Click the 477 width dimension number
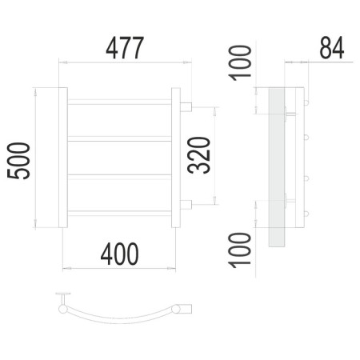coord(125,48)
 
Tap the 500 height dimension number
coord(18,161)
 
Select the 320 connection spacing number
coord(199,155)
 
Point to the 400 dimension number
coord(119,254)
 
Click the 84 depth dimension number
coord(332,48)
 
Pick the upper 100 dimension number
coord(240,63)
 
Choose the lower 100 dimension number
coord(240,250)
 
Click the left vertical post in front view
coord(63,158)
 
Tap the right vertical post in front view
coord(176,158)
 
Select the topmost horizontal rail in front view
coord(119,102)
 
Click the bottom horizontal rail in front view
coord(119,214)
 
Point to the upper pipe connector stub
coord(186,107)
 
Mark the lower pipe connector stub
coord(186,205)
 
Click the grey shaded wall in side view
coord(277,167)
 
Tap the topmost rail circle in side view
coord(306,102)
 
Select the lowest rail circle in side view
coord(306,214)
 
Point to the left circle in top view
coord(63,309)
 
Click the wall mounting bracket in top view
coord(63,298)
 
